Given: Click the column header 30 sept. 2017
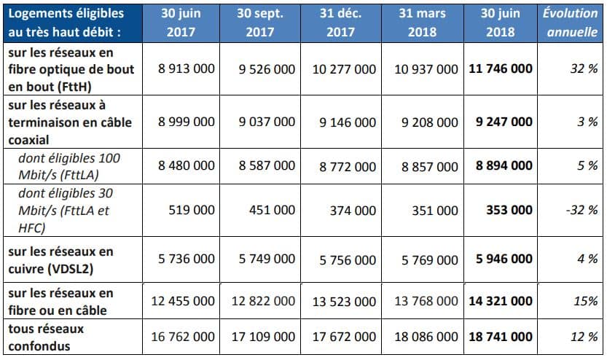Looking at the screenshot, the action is tap(259, 23).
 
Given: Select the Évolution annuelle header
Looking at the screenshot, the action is tap(571, 23).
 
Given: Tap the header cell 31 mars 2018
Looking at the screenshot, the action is tap(422, 23).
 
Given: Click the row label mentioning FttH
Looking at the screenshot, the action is tap(71, 69).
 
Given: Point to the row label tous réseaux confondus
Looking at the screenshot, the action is tap(46, 337).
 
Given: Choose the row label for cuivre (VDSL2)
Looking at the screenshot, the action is tap(60, 259).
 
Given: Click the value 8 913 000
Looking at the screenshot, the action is tap(187, 69).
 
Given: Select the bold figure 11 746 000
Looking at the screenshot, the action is tap(501, 69).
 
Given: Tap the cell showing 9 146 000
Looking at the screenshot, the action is tap(348, 122).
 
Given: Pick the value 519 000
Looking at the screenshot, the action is tap(192, 210).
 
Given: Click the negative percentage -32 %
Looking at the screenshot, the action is tap(581, 210).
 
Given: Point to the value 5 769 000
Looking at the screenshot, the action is tap(430, 259).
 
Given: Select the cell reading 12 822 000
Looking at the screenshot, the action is tap(263, 301).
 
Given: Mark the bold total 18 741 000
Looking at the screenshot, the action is tap(501, 337).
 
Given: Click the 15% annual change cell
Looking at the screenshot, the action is tap(585, 301).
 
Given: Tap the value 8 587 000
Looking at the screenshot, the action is tap(267, 165).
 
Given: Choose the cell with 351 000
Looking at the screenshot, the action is tap(435, 210).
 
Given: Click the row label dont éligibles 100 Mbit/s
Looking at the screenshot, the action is tap(69, 166).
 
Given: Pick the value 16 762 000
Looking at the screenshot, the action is tap(183, 337).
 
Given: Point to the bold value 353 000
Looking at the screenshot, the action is tap(509, 210).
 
